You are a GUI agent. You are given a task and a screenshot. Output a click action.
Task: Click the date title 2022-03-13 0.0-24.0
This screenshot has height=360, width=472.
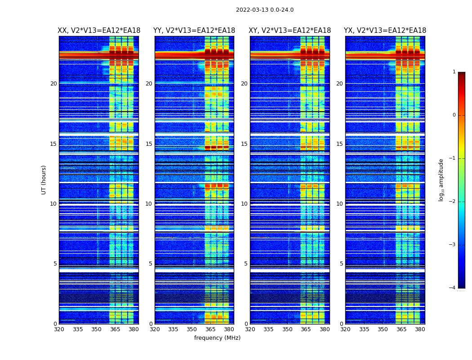[265, 10]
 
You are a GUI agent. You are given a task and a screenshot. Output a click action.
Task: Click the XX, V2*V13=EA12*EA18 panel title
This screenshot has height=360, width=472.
[99, 31]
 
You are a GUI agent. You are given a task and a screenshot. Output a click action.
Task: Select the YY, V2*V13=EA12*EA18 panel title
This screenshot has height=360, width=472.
[194, 31]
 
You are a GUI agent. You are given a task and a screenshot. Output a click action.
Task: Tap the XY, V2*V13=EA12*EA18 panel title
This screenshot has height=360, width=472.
[290, 31]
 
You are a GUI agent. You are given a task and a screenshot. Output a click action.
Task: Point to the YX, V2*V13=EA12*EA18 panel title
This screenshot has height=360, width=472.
[385, 31]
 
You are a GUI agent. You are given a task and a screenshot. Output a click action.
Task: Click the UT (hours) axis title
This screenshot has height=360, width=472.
[44, 180]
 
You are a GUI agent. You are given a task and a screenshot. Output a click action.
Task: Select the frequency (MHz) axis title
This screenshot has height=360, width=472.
[217, 338]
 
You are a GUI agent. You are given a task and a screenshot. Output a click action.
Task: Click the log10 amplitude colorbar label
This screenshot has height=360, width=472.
[441, 180]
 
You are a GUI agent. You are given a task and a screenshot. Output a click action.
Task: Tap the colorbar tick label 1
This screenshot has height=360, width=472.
[454, 72]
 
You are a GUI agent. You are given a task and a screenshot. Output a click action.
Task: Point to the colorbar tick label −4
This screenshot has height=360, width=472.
[453, 288]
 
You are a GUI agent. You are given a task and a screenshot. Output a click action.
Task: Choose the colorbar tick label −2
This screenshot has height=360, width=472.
[453, 202]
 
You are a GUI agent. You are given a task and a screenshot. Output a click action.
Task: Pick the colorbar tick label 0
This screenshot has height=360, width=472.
[454, 115]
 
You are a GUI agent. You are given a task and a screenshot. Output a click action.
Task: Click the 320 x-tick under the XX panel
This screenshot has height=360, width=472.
[59, 329]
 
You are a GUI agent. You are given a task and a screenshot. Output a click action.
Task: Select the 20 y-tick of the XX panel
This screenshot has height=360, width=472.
[53, 84]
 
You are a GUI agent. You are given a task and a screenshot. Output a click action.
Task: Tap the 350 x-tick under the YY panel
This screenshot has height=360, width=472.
[192, 329]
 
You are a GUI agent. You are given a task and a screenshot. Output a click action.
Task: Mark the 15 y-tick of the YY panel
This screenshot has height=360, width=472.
[149, 144]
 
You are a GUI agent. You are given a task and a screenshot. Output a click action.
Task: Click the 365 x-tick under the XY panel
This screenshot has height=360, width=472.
[306, 329]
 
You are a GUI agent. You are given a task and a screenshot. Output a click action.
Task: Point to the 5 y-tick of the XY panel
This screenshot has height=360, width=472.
[246, 264]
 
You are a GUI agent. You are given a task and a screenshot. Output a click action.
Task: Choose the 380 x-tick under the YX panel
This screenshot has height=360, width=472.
[420, 329]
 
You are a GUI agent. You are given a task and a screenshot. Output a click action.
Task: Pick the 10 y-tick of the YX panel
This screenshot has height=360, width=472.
[339, 204]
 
